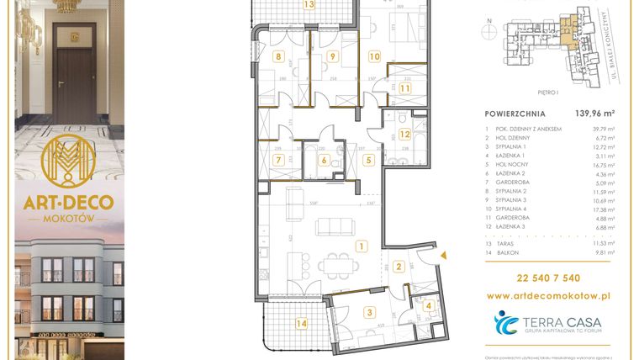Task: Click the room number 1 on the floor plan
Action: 360,246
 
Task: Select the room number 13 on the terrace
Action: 287,4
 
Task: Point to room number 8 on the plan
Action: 278,57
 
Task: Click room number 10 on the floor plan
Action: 374,57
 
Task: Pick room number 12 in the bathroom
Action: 404,134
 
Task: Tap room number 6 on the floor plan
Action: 324,159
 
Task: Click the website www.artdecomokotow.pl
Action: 549,295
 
